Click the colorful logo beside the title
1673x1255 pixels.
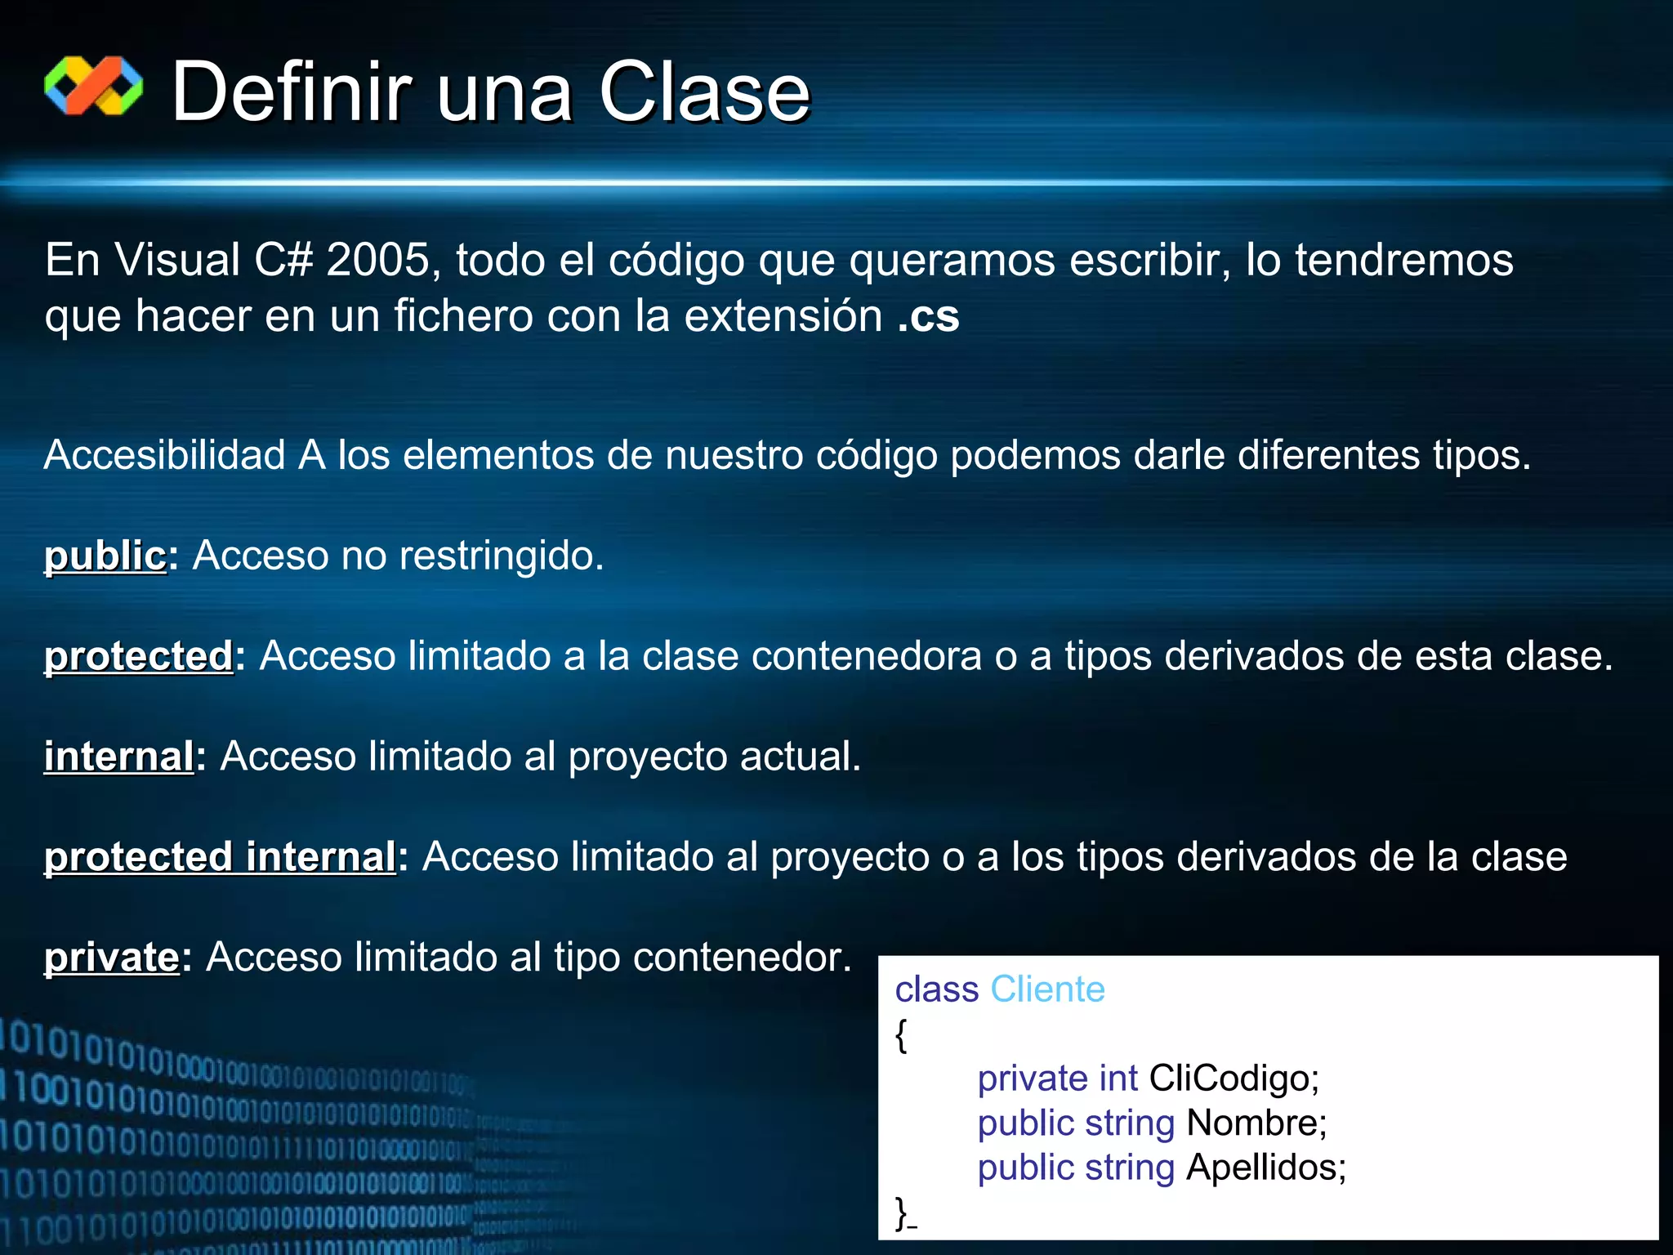pyautogui.click(x=93, y=86)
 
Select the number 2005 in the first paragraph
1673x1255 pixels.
pyautogui.click(x=378, y=260)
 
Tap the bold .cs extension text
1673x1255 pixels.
pyautogui.click(x=928, y=315)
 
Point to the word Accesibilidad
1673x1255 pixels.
pyautogui.click(x=164, y=455)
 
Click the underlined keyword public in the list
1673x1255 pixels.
pyautogui.click(x=105, y=556)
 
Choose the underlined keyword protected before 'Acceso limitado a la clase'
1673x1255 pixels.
pyautogui.click(x=139, y=656)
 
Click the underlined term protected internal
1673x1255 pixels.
pyautogui.click(x=220, y=857)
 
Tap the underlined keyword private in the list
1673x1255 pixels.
pyautogui.click(x=112, y=958)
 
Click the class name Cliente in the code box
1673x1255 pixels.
pyautogui.click(x=1047, y=989)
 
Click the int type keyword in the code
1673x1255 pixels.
pyautogui.click(x=1118, y=1079)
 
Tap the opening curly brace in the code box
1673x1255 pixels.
pyautogui.click(x=901, y=1036)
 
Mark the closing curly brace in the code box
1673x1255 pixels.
pyautogui.click(x=901, y=1212)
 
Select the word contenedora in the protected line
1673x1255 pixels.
pyautogui.click(x=866, y=656)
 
